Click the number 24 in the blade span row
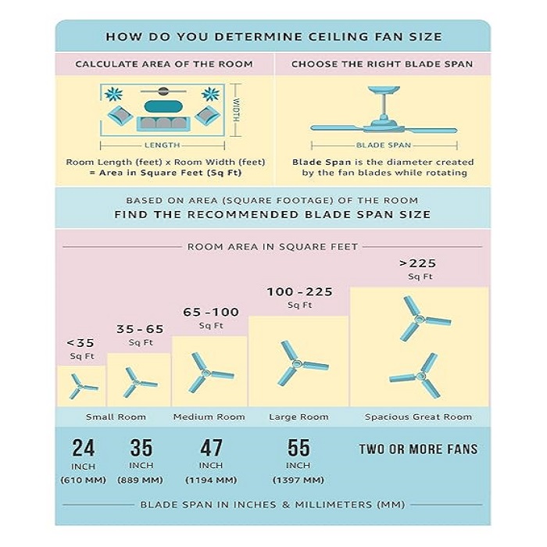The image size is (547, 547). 84,448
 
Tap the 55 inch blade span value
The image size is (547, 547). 299,448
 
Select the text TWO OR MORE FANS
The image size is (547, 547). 418,449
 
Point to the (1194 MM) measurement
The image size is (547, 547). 211,481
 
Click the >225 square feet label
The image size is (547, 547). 417,263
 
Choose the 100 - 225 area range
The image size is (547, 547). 299,291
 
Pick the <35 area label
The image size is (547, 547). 80,343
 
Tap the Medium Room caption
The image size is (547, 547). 209,417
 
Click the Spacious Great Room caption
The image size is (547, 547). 418,417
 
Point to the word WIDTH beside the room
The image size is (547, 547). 236,110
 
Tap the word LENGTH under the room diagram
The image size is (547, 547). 163,145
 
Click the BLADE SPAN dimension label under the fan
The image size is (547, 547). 384,145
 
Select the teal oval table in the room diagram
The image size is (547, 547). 163,107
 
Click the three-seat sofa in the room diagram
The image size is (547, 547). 163,123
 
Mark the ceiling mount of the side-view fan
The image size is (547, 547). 384,90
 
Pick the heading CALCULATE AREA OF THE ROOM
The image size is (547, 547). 164,64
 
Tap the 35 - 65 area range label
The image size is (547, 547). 140,329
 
